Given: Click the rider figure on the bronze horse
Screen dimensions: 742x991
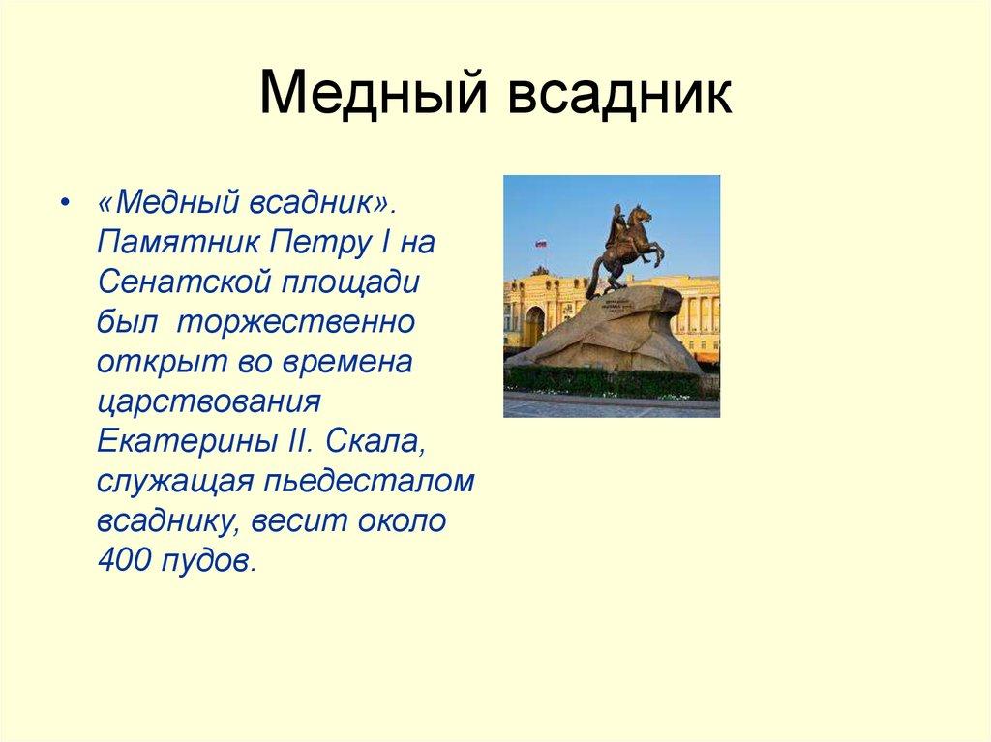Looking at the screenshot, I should tap(616, 228).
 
